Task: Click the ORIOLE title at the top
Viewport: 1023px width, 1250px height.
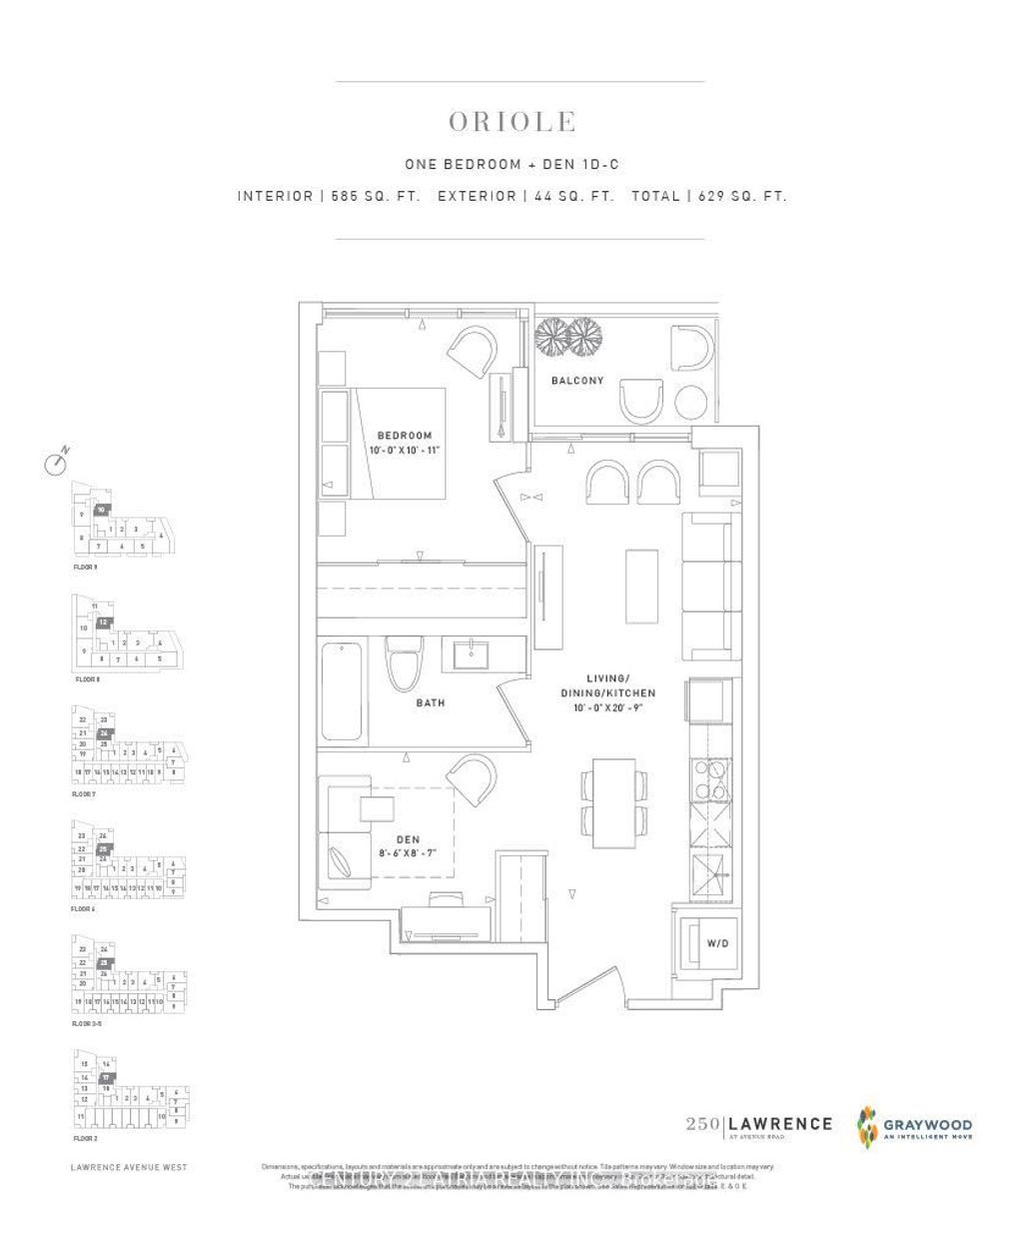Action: point(511,122)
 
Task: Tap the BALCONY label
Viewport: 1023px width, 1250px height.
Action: point(577,381)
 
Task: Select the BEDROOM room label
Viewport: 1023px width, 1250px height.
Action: point(404,435)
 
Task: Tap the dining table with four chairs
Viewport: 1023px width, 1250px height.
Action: point(613,806)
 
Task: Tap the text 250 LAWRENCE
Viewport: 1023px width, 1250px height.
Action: point(759,1124)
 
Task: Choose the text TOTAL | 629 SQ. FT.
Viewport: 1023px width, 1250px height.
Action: point(708,197)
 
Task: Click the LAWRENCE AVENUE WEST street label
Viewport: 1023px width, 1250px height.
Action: point(129,1166)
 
